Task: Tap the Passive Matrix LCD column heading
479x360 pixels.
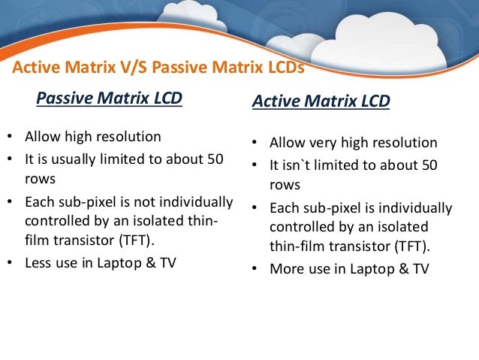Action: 109,98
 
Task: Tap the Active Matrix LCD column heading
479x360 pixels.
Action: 321,101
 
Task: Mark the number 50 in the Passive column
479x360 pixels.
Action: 215,160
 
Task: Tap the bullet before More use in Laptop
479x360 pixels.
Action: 254,268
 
